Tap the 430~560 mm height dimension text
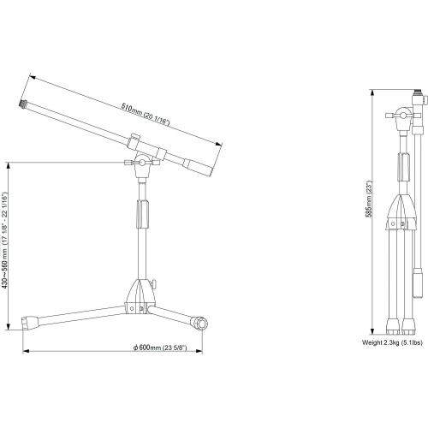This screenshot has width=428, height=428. [x=5, y=240]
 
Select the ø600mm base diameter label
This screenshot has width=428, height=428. [x=160, y=348]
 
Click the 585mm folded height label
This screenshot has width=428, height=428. [x=369, y=199]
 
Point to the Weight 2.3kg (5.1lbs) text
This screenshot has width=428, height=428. [x=392, y=342]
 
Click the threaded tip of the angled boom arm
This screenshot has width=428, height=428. [x=23, y=104]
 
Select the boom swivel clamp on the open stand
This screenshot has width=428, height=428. [x=142, y=163]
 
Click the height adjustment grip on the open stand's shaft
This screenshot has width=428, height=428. [x=143, y=214]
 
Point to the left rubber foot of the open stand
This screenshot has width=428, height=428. [x=30, y=323]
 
